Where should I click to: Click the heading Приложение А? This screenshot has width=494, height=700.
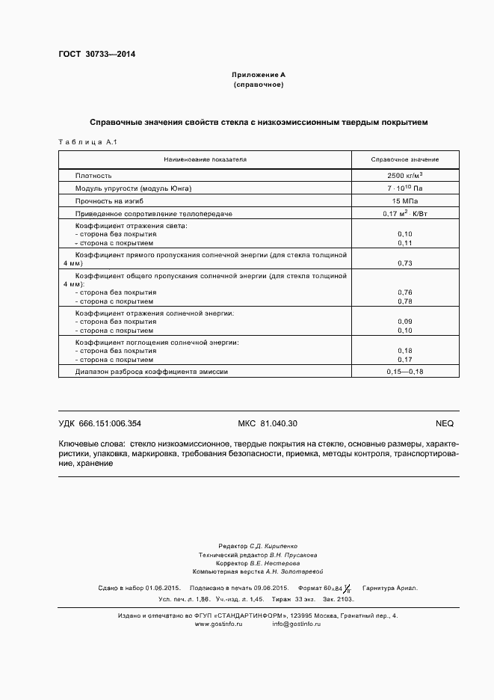pyautogui.click(x=259, y=76)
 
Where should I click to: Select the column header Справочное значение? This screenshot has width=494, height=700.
pyautogui.click(x=405, y=160)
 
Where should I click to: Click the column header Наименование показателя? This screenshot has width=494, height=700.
pyautogui.click(x=205, y=160)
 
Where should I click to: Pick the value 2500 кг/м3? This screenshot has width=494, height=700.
pyautogui.click(x=404, y=174)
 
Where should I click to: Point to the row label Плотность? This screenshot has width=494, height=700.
pyautogui.click(x=93, y=175)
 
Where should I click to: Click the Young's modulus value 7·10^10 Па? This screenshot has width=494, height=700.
pyautogui.click(x=404, y=188)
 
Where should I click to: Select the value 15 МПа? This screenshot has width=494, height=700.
pyautogui.click(x=404, y=201)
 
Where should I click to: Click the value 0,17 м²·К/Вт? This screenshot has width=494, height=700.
pyautogui.click(x=404, y=214)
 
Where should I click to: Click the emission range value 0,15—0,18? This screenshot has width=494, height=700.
pyautogui.click(x=404, y=372)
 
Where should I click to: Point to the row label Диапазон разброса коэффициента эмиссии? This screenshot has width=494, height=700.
pyautogui.click(x=151, y=372)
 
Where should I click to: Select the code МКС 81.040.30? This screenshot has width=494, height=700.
pyautogui.click(x=267, y=423)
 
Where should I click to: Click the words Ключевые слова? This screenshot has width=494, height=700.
pyautogui.click(x=92, y=443)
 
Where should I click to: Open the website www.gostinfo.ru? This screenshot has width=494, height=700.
pyautogui.click(x=219, y=624)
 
